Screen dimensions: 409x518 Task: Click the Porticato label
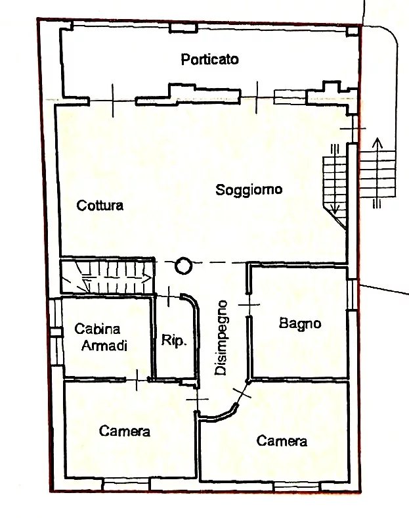point(210,59)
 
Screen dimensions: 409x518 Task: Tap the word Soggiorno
point(249,189)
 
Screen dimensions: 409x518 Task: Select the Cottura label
point(100,205)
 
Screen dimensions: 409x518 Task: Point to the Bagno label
point(300,323)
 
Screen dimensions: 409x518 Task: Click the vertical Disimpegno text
point(221,338)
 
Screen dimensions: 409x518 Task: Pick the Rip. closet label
point(174,340)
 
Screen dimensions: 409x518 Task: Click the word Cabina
point(97,329)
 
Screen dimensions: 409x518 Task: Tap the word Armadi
point(104,346)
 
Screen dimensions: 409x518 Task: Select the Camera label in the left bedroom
point(125,431)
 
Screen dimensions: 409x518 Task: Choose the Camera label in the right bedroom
point(282,441)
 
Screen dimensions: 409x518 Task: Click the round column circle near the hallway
point(183,266)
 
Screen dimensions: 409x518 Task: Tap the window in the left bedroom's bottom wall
point(125,485)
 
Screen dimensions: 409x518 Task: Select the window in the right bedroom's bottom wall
point(297,486)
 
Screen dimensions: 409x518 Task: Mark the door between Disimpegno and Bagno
point(249,304)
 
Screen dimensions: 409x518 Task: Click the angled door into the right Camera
point(242,392)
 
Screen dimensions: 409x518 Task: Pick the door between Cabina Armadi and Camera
point(137,380)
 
